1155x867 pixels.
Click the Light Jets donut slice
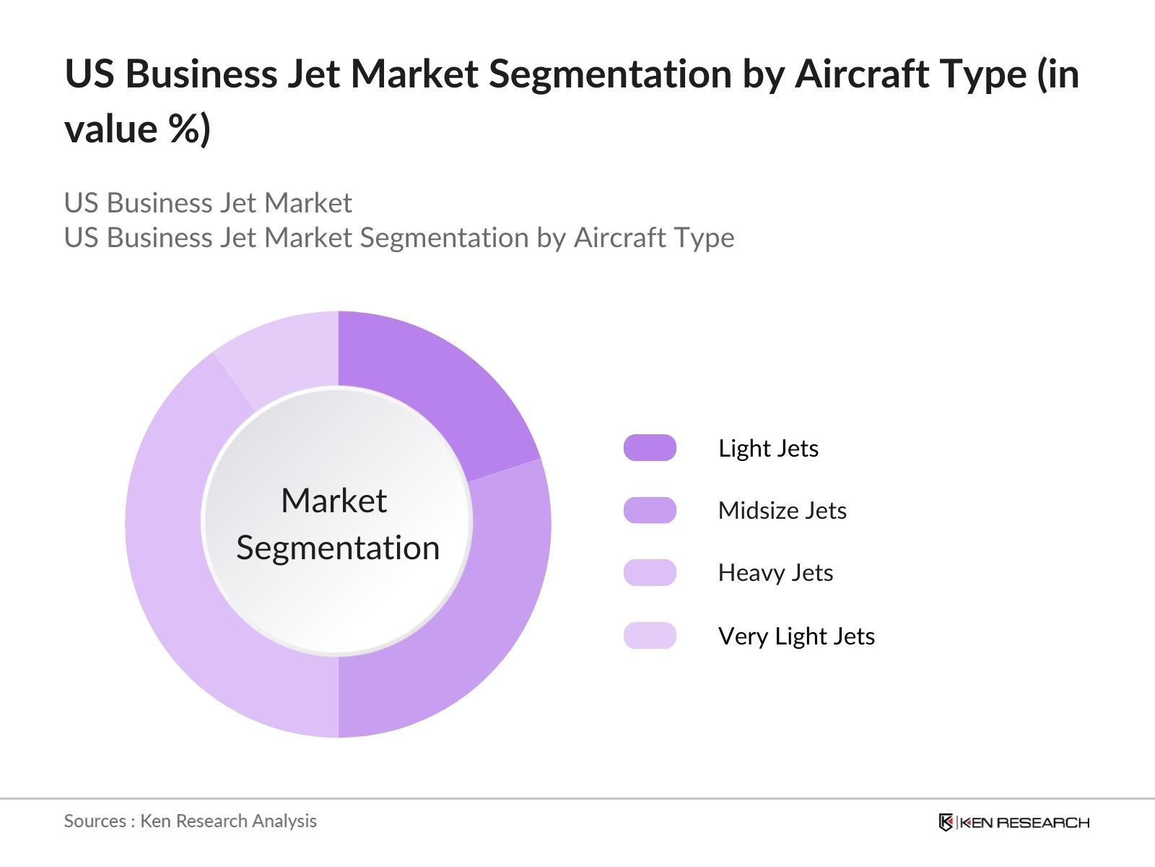(x=433, y=390)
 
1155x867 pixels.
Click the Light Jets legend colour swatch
(x=650, y=448)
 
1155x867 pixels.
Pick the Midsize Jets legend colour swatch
(x=650, y=510)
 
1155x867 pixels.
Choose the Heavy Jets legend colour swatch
(x=650, y=573)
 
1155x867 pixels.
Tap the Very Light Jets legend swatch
(x=650, y=636)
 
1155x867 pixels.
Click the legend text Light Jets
(x=768, y=449)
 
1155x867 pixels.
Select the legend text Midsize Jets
(x=782, y=511)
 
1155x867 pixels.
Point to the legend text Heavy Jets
(x=775, y=573)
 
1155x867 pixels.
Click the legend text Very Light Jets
(x=796, y=637)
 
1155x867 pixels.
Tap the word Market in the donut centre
(x=334, y=501)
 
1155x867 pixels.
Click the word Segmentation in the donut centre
(x=338, y=548)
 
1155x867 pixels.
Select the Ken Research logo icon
(x=946, y=822)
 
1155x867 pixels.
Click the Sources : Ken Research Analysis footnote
(x=190, y=821)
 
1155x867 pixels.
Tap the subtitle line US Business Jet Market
(x=208, y=203)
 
